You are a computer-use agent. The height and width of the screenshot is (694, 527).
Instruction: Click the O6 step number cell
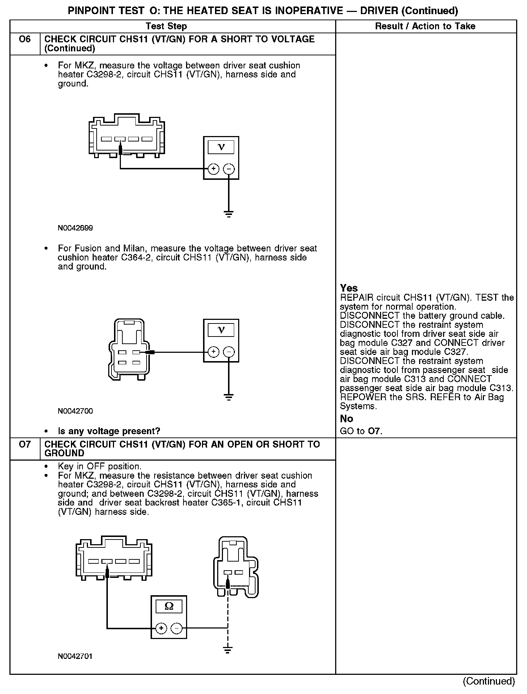click(25, 39)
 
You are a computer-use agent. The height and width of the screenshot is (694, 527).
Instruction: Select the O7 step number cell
click(25, 444)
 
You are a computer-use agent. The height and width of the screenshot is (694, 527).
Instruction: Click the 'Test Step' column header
click(166, 26)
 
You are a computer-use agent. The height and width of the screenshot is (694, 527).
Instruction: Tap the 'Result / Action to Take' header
click(425, 26)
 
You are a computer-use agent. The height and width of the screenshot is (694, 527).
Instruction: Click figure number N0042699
click(75, 228)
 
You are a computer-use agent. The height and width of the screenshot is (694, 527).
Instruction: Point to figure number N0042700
click(75, 411)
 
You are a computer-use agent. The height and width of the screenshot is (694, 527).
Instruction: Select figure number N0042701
click(75, 656)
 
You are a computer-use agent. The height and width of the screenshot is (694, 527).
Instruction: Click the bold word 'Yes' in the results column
click(349, 288)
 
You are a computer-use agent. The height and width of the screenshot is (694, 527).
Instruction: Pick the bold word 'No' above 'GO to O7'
click(346, 419)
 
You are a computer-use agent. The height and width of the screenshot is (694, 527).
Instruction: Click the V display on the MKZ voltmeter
click(221, 147)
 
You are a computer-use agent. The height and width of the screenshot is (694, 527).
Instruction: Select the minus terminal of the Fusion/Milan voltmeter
click(229, 352)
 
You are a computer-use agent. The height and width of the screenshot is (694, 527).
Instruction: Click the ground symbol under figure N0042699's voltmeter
click(229, 214)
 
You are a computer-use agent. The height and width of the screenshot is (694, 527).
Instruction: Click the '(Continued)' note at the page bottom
click(489, 681)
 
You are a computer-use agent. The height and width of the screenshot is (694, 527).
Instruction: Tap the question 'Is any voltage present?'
click(109, 431)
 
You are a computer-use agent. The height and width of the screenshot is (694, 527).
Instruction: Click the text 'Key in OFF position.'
click(100, 466)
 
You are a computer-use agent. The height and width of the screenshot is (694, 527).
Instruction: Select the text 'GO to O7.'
click(361, 431)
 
